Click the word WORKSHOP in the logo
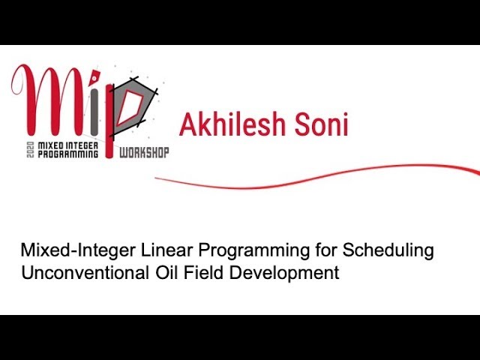(x=144, y=152)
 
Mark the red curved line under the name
(x=315, y=178)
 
